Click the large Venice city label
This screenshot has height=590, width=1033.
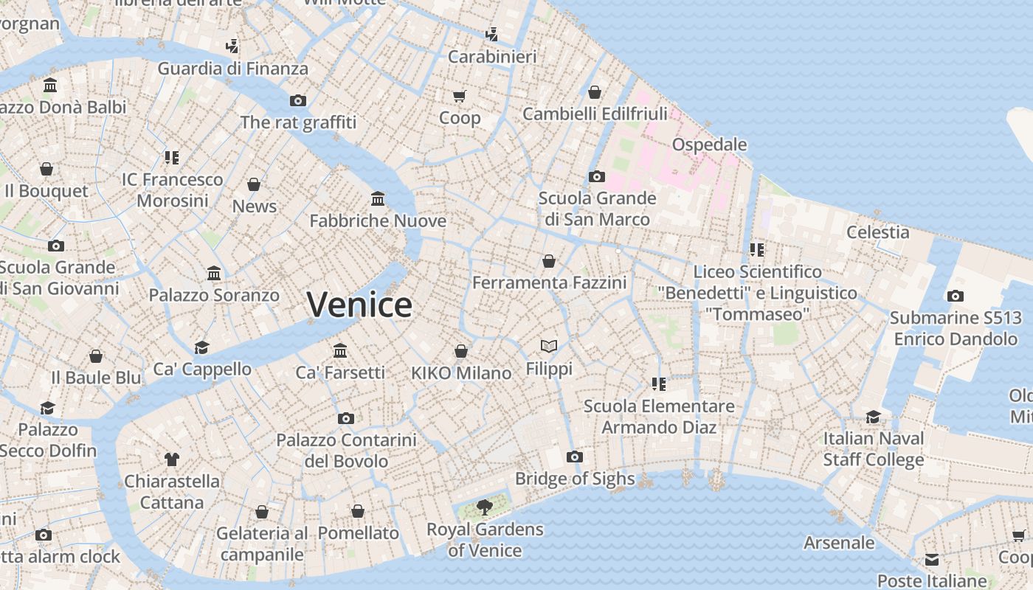coord(359,305)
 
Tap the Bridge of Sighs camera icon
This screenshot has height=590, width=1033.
coord(575,457)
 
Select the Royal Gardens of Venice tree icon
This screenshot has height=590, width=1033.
coord(484,507)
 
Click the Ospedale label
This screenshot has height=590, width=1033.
coord(709,145)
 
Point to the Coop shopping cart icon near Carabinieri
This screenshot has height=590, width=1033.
coord(460,96)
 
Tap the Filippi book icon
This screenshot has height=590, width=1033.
coord(548,346)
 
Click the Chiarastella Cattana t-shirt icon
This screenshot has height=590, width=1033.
coord(172,459)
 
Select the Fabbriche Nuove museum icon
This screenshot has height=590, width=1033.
coord(378,198)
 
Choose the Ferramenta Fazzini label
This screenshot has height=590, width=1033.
coord(549,282)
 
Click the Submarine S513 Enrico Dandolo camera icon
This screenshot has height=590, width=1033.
coord(956,296)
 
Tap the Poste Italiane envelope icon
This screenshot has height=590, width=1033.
coord(932,559)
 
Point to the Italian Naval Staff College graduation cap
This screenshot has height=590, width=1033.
coord(874,417)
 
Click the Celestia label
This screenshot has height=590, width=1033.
coord(878,232)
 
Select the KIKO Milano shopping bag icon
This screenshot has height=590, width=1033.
coord(461,351)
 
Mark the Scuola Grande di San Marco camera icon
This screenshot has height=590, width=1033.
coord(597,176)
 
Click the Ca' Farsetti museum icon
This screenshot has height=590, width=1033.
coord(340,350)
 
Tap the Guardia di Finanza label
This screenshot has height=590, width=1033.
coord(232,69)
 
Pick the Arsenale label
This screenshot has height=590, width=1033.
coord(839,543)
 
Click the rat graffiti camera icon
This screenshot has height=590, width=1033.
coord(298,100)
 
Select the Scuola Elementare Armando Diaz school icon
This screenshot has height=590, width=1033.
coord(659,383)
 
